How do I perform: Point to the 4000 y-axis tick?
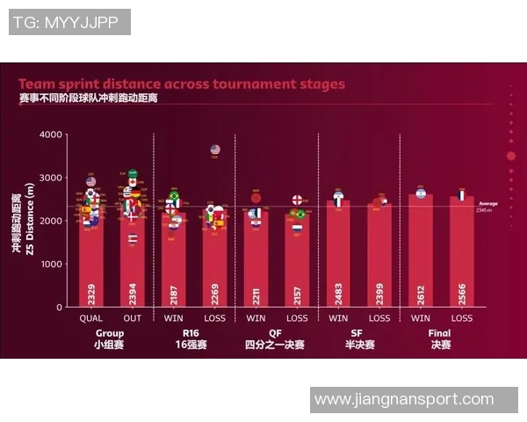click(x=51, y=135)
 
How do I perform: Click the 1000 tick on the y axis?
click(x=51, y=264)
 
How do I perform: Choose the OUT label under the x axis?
click(x=132, y=317)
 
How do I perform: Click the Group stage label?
click(x=110, y=333)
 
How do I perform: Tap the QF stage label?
click(x=275, y=333)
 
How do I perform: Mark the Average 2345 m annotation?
click(x=487, y=207)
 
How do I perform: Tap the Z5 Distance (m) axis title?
click(x=29, y=217)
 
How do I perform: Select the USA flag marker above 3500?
click(x=215, y=149)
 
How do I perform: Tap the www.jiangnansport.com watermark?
click(x=404, y=399)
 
